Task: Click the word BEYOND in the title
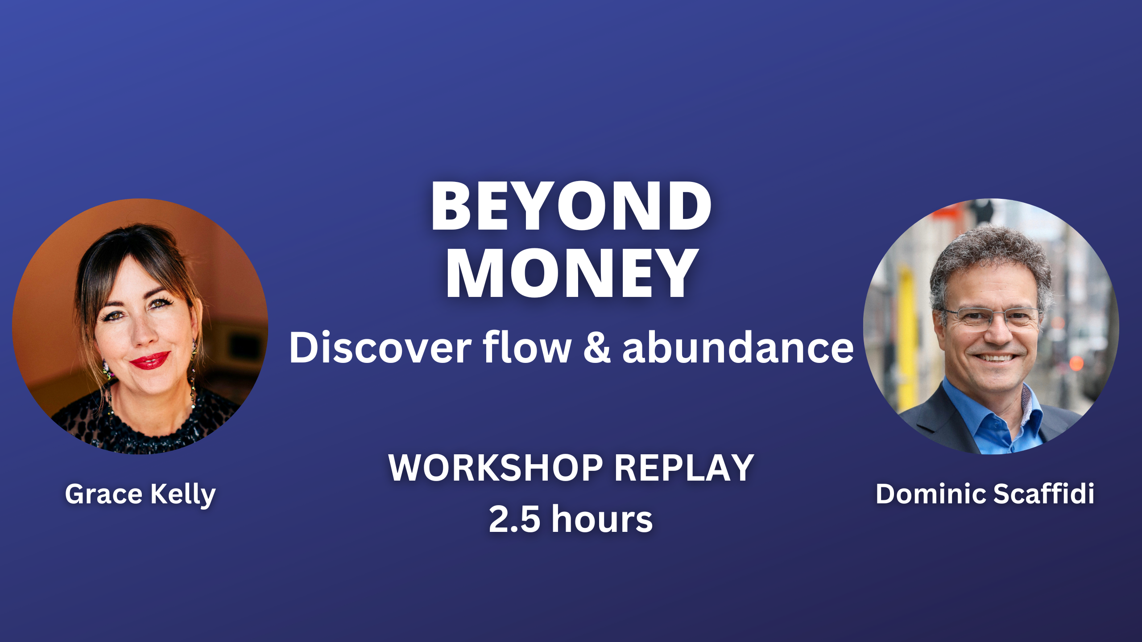point(571,206)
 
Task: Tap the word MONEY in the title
point(572,273)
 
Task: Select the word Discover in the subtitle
point(380,348)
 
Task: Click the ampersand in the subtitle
point(597,348)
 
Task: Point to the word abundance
point(738,348)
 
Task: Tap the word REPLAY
point(684,468)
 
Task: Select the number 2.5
point(514,519)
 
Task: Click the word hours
point(602,518)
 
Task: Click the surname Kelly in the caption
point(183,495)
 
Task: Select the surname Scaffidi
point(1044,494)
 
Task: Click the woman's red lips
point(150,360)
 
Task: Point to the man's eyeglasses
point(991,318)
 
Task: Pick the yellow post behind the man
point(907,339)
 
